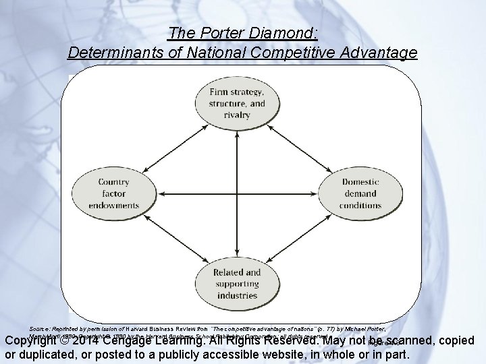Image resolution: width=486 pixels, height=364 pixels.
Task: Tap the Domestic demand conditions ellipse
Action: click(360, 193)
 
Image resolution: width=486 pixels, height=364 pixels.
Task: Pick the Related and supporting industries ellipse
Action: click(236, 284)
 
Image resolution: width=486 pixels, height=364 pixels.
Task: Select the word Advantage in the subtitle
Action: click(379, 52)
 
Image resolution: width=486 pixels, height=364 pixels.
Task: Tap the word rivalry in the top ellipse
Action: click(236, 115)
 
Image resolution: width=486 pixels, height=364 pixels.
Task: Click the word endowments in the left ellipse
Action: click(113, 206)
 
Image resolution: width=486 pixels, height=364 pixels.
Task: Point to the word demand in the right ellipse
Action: click(360, 193)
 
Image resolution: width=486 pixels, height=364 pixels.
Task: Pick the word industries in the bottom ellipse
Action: click(236, 296)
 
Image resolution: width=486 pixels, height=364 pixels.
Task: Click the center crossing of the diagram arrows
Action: click(236, 193)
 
